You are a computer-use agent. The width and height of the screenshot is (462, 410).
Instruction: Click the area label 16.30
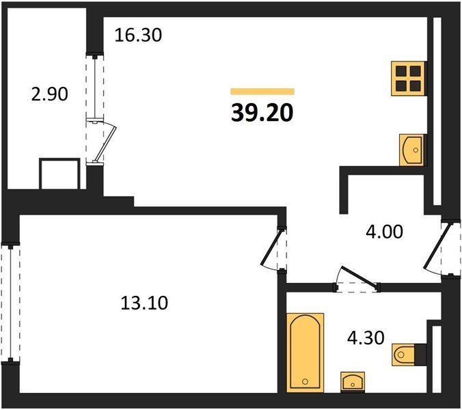coord(138,35)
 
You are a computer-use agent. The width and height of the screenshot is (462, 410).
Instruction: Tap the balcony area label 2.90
coord(49,94)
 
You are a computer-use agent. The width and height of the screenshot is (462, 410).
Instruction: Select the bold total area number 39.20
coord(262,113)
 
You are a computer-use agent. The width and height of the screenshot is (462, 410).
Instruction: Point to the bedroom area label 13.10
coord(144,303)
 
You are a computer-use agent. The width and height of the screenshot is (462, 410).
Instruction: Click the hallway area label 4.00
coord(384,232)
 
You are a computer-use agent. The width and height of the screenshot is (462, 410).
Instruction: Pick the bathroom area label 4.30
coord(366,338)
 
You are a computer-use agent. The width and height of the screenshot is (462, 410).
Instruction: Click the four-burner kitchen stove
coord(409,79)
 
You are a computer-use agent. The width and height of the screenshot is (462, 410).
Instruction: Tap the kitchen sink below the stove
coord(411,150)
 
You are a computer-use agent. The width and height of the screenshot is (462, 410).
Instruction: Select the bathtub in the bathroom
coord(305,353)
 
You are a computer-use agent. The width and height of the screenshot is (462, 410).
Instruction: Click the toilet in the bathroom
coord(403,355)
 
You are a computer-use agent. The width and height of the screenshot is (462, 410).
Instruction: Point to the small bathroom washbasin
coord(353,382)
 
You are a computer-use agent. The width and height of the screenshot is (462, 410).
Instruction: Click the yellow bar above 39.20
coord(262,92)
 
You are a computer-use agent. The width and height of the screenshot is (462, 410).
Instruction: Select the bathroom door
coord(357,276)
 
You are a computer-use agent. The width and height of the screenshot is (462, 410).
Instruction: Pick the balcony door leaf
coord(105,143)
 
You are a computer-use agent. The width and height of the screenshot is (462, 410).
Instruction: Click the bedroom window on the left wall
coord(11,303)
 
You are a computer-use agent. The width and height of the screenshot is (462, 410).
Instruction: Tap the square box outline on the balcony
coord(59,174)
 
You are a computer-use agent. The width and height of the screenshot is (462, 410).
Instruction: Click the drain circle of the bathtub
coord(305,381)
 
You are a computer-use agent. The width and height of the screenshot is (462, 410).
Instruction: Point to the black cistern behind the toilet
coord(420,355)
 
